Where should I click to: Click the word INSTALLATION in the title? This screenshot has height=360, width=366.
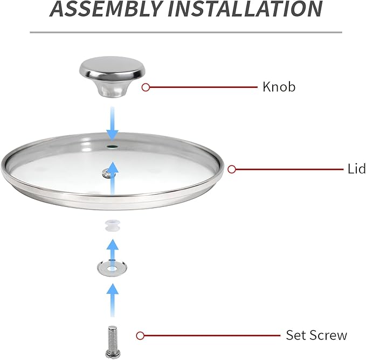pos(247,9)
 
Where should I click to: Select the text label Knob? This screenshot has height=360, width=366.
pos(279,87)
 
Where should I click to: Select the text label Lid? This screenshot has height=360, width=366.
pos(356,169)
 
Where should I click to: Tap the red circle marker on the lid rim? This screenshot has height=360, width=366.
pos(232,169)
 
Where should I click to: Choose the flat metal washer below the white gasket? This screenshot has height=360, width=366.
pos(111,267)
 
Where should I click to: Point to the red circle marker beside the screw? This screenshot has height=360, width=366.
pos(140,335)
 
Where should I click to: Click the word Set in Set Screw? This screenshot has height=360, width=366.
pos(296,335)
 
